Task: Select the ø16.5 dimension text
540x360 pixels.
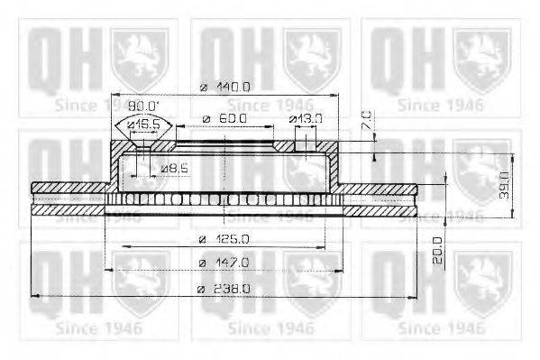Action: point(143,124)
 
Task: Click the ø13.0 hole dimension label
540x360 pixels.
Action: point(306,118)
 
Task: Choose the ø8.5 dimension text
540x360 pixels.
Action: point(173,168)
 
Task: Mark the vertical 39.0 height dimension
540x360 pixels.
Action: point(505,185)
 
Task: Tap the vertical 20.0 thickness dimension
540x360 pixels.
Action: point(437,248)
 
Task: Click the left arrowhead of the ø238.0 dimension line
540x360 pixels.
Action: point(34,295)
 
